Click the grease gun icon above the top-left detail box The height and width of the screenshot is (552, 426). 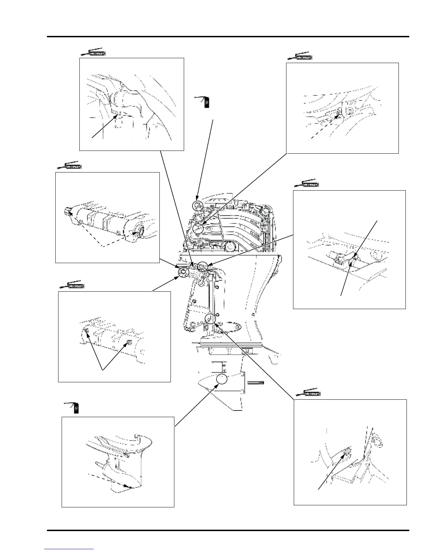(93, 53)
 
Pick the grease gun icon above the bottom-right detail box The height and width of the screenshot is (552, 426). (308, 393)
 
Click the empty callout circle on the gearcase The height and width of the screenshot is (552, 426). (222, 379)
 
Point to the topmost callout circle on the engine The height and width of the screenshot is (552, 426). (197, 206)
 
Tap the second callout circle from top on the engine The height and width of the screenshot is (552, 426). (198, 229)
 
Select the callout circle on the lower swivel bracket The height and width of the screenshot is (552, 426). (210, 319)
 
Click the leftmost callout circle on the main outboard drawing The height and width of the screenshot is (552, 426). (182, 272)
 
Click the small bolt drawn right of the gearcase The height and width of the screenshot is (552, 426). (255, 382)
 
